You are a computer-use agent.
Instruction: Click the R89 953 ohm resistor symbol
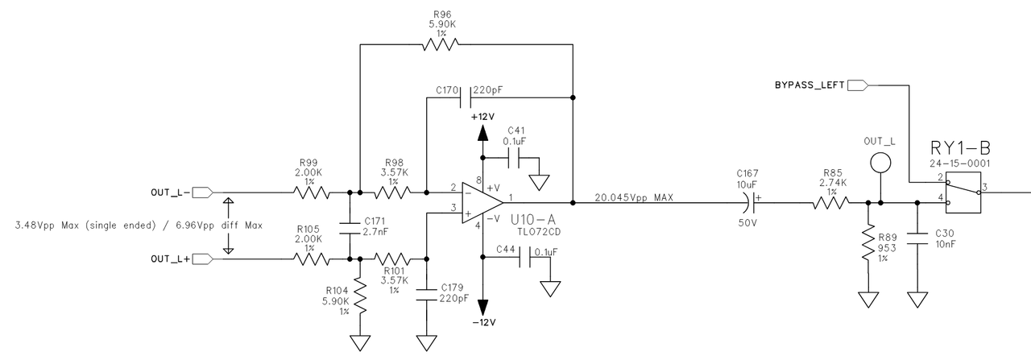click(x=867, y=242)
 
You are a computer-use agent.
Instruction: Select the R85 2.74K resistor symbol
click(x=830, y=202)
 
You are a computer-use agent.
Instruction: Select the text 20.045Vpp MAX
click(x=633, y=196)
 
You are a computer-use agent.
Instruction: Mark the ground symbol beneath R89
click(x=867, y=300)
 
